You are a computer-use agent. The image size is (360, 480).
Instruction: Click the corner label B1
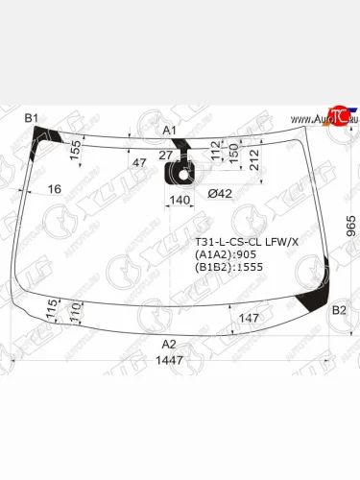coord(32,117)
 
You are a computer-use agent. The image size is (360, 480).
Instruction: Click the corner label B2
coord(338,310)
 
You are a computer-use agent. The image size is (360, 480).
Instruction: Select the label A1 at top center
coord(169,129)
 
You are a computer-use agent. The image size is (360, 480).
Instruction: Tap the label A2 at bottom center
coord(169,344)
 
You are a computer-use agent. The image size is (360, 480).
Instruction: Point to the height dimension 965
coord(351,228)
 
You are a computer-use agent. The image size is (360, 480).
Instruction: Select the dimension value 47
coord(139,163)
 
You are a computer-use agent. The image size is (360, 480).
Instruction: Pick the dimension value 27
coord(164,155)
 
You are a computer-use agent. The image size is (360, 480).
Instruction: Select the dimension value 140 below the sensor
coord(179,201)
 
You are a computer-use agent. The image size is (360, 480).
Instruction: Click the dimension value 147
coord(250,317)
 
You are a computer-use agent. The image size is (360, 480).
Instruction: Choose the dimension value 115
coord(51,310)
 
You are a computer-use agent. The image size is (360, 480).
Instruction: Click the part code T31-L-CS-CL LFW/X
coord(247,242)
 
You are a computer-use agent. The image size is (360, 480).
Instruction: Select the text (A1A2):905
coord(227,255)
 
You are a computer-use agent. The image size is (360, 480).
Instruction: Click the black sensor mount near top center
coord(180,174)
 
